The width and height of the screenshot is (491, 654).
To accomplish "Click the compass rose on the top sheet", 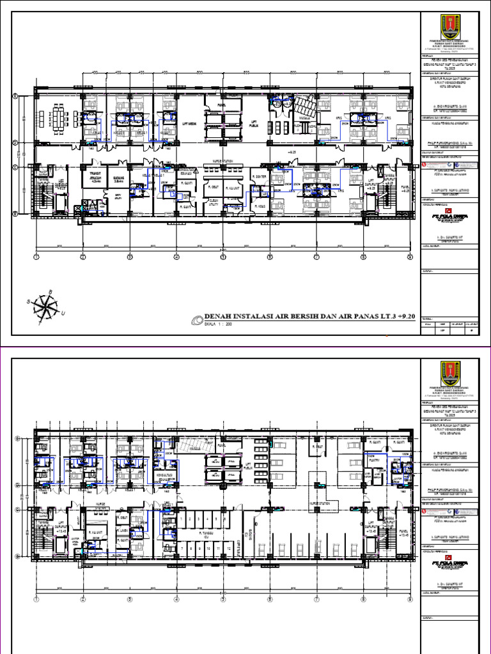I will [x=47, y=308].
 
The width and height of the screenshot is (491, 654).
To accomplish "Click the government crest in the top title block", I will [x=450, y=29].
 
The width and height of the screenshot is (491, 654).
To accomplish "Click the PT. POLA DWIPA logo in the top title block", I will [x=450, y=215].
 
